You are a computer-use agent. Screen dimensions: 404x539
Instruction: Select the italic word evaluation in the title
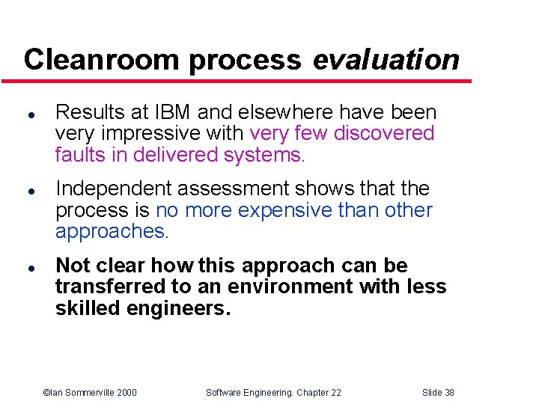[386, 59]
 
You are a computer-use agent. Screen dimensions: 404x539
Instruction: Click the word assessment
[242, 189]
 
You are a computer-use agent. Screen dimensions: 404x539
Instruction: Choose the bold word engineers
[176, 307]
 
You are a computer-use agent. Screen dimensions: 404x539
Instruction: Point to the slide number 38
[447, 392]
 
